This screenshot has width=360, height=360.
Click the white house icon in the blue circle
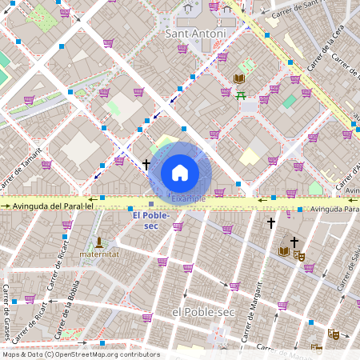180,172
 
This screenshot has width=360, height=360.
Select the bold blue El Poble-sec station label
150,221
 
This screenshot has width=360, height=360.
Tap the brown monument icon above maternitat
99,241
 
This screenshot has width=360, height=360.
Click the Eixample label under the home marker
189,197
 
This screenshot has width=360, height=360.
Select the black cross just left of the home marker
146,164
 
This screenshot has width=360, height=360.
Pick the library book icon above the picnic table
238,78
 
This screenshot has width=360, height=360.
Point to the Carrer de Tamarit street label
19,170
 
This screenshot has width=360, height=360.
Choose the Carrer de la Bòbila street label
70,307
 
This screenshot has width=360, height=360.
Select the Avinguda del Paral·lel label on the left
54,206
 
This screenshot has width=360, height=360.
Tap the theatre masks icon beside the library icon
299,255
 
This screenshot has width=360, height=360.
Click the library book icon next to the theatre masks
283,251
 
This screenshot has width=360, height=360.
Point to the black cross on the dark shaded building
294,241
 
